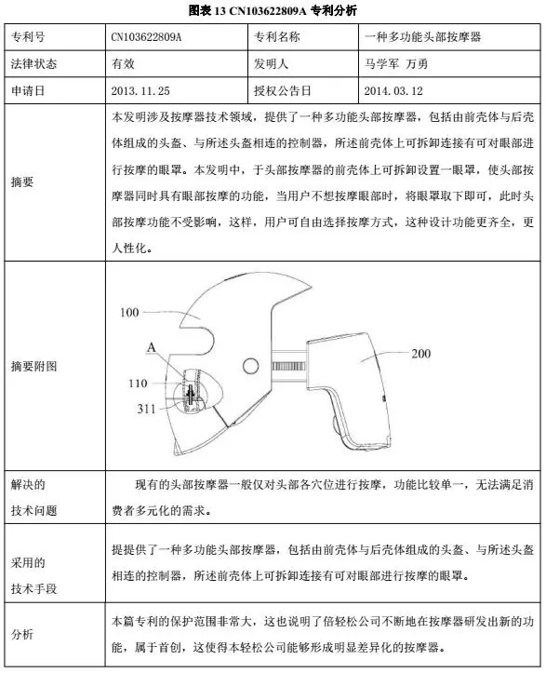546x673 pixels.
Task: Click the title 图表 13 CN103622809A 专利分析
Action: [x=273, y=9]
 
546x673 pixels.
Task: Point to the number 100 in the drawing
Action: [x=130, y=313]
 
